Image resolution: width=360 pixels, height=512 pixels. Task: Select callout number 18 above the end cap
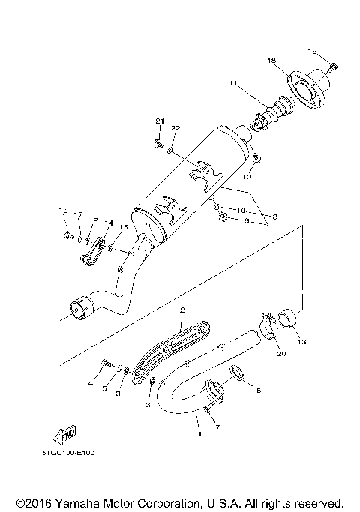271,60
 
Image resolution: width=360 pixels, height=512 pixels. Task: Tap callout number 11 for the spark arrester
233,83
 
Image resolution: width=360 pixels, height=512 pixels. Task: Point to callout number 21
159,121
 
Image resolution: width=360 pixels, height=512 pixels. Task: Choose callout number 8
274,217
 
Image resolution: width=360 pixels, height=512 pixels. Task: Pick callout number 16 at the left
64,211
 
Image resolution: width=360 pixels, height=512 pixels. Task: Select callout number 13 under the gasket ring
301,342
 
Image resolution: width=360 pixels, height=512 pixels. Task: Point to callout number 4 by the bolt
90,384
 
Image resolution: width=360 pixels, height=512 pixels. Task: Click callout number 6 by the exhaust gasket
258,391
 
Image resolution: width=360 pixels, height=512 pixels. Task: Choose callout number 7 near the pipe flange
217,427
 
